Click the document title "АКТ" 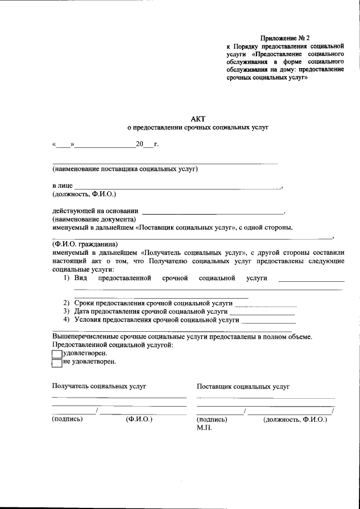pos(199,118)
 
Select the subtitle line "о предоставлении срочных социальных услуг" pos(199,128)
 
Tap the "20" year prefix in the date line pos(140,145)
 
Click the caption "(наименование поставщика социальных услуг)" pos(125,169)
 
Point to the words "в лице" pos(62,186)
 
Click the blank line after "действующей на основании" pos(214,211)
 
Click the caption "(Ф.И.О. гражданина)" pos(85,245)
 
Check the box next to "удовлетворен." pos(57,354)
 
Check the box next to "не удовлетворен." pos(57,362)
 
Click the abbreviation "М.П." pos(203,427)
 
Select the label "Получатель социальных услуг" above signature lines pos(99,387)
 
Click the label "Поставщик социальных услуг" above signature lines pos(243,387)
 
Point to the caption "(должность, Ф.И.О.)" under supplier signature pos(295,420)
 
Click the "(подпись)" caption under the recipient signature pos(67,419)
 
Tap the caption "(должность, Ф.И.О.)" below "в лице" pos(84,194)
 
